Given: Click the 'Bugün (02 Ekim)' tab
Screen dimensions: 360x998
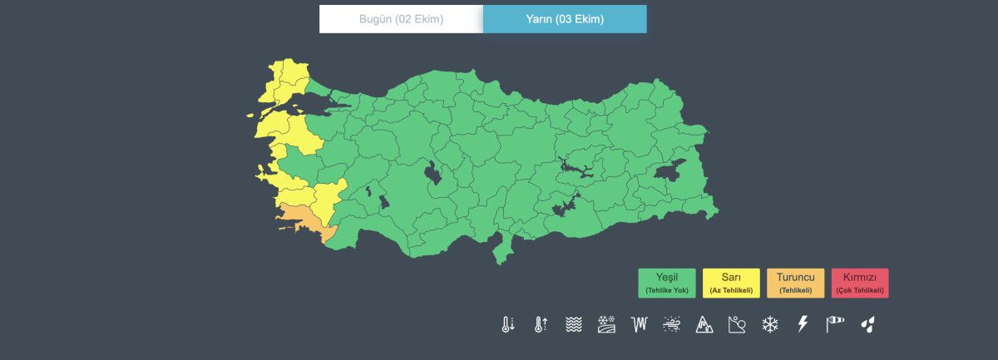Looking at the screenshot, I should (401, 19).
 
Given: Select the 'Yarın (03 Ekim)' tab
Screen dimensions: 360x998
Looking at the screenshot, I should (565, 19).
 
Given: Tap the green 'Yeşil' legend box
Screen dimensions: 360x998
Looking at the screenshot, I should (667, 283).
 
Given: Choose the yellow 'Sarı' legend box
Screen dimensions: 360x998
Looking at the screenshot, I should (731, 283).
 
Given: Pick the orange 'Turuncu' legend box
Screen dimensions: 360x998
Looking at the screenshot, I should (795, 283).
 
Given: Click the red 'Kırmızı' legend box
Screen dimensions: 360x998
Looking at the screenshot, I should (860, 283).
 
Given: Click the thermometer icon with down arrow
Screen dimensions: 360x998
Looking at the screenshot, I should (508, 324).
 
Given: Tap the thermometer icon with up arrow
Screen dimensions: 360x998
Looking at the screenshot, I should (541, 324).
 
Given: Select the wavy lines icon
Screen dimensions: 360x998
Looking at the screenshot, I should (573, 324).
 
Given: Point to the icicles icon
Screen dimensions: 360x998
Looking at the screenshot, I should (640, 324).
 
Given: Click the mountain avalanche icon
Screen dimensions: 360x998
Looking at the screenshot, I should (704, 324).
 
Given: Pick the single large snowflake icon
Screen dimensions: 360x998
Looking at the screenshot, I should (770, 324).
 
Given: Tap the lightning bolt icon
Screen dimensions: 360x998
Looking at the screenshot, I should (803, 324).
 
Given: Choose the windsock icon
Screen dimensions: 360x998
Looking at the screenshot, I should (835, 324).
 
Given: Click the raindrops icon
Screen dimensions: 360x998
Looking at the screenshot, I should (867, 324).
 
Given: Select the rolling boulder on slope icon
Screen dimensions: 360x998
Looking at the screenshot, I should (737, 324).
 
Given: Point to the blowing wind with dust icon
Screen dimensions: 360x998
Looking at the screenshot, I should (672, 324).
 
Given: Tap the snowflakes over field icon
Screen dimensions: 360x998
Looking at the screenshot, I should (606, 324).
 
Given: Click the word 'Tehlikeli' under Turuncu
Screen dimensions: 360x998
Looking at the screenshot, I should (795, 290).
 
